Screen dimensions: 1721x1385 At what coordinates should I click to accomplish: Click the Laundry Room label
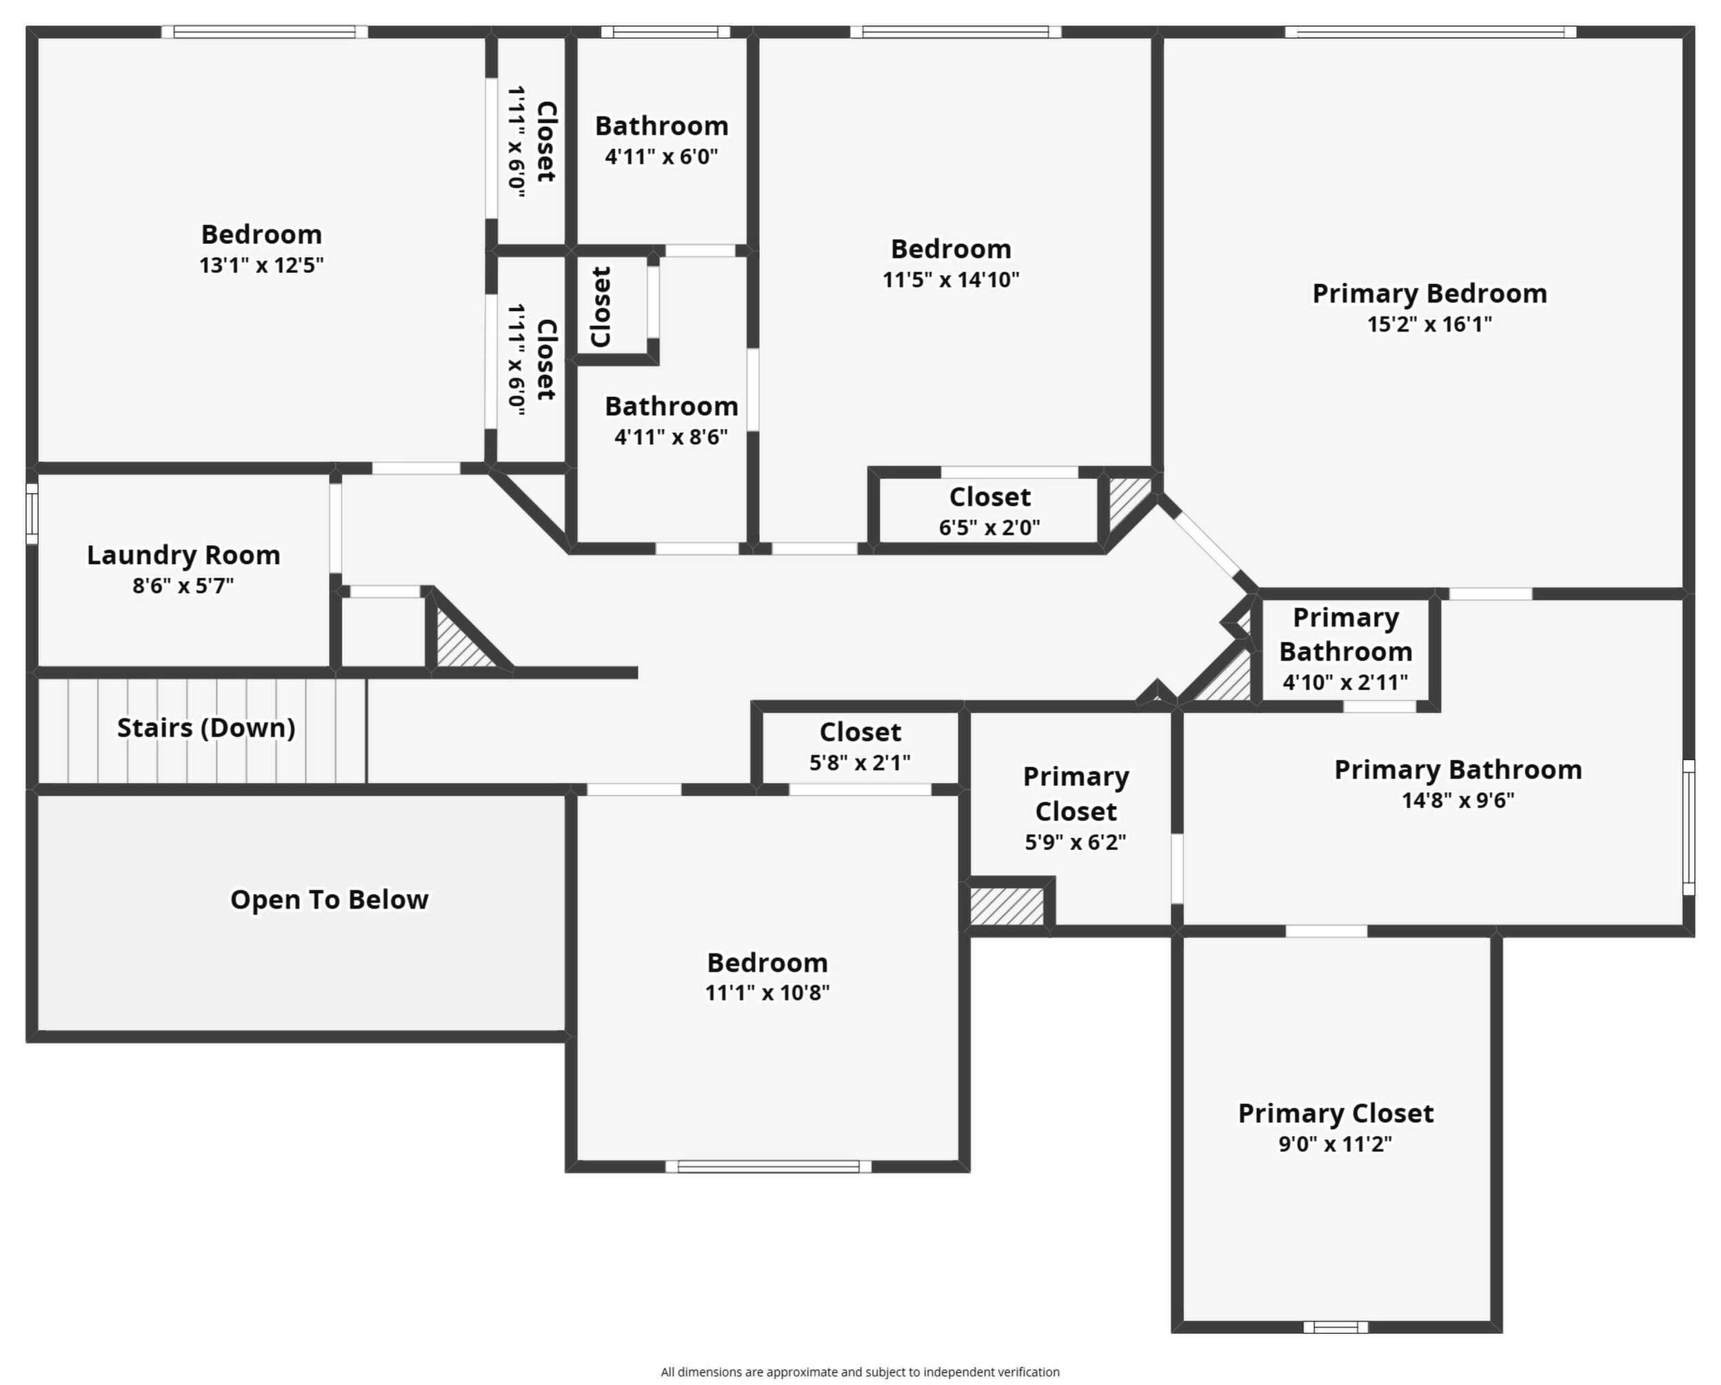click(183, 555)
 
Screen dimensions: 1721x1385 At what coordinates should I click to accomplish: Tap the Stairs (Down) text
click(206, 728)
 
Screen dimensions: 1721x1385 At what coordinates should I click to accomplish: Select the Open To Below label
click(329, 900)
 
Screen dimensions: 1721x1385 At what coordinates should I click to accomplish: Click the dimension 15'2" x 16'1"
click(1429, 324)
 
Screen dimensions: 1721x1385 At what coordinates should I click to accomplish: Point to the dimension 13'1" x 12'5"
click(261, 265)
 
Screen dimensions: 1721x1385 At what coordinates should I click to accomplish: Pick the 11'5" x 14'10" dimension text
click(951, 279)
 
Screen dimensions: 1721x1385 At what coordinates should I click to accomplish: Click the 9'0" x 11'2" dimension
click(1336, 1144)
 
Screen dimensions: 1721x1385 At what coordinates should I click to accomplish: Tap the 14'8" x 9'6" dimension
click(1458, 800)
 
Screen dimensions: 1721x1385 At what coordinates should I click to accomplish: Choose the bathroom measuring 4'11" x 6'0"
click(661, 141)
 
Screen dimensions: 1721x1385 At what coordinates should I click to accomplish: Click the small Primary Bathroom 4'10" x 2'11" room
click(1346, 651)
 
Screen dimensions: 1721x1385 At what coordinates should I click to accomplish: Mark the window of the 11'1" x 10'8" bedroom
click(769, 1167)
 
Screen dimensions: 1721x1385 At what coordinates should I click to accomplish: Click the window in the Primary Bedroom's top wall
click(1431, 32)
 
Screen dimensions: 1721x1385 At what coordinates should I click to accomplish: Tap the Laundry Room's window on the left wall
click(32, 514)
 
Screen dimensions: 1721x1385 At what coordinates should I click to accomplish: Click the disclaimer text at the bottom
click(860, 1371)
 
